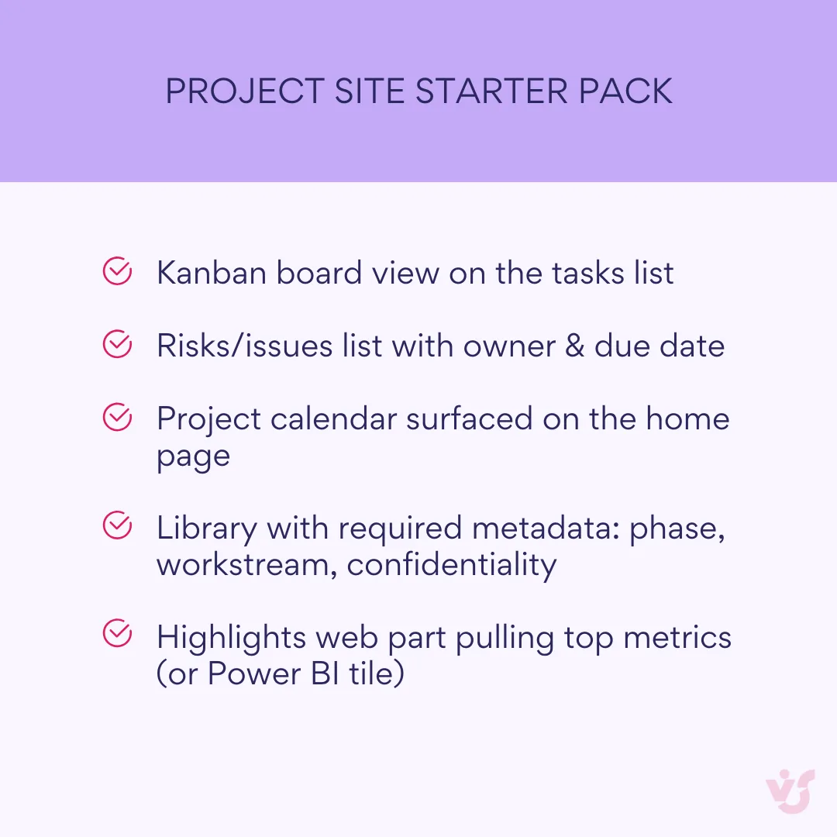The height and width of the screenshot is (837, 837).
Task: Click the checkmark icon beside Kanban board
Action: coord(116,272)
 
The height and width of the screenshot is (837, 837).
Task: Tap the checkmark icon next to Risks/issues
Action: coord(116,345)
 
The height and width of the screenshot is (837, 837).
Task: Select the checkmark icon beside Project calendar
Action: coord(116,418)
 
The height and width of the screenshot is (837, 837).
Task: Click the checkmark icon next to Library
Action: coord(116,527)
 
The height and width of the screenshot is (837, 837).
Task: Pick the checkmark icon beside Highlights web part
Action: coord(116,636)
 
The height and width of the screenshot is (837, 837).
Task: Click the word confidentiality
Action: coord(451,564)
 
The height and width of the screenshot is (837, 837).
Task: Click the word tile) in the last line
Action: coord(375,673)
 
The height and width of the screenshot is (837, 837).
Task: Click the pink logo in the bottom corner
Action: coord(790,790)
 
